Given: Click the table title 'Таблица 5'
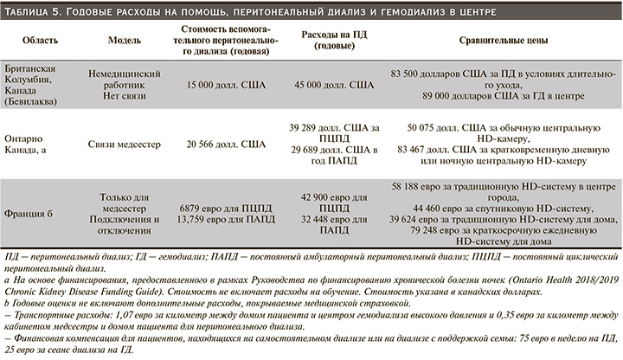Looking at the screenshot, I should pyautogui.click(x=34, y=13).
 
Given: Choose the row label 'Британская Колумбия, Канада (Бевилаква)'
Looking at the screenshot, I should pyautogui.click(x=30, y=86).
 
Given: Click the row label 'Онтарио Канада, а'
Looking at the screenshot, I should pyautogui.click(x=31, y=142).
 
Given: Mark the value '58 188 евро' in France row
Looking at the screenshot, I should pyautogui.click(x=420, y=186).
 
